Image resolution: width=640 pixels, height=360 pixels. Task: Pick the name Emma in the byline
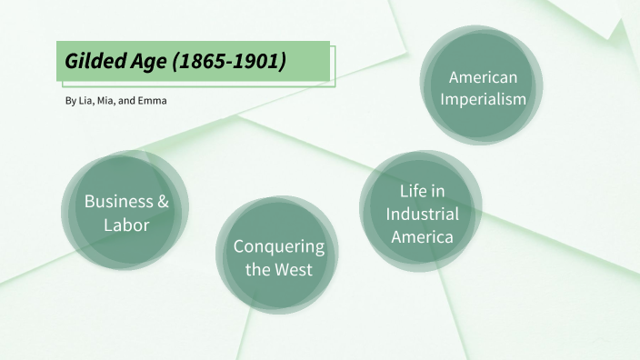point(154,100)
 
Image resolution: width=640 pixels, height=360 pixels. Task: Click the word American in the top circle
point(483,77)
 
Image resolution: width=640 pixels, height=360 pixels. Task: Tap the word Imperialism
point(483,99)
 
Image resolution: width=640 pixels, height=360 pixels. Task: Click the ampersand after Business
point(163,202)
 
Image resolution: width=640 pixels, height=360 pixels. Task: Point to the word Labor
point(125,225)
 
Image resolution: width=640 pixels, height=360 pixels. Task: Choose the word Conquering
point(278,246)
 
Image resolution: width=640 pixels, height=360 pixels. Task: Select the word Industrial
point(422,215)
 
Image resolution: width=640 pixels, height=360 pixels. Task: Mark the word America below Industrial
point(422,237)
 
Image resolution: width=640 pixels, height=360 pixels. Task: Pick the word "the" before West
point(258,269)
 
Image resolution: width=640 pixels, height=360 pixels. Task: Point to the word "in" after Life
point(437,191)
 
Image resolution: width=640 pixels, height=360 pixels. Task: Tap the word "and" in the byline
point(130,100)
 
